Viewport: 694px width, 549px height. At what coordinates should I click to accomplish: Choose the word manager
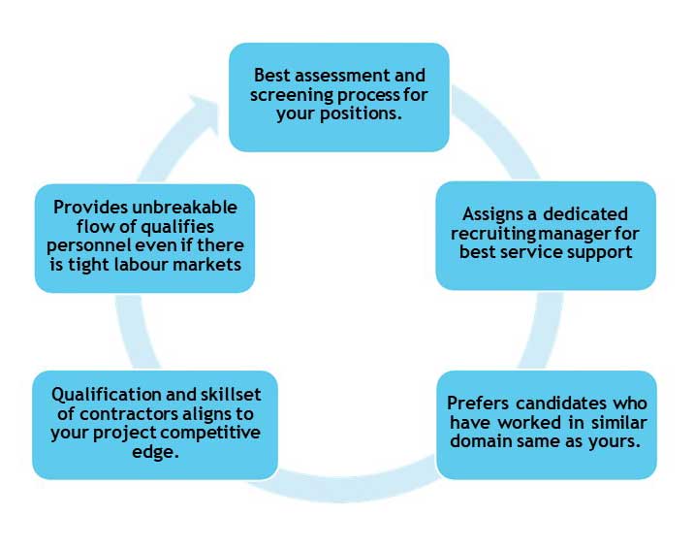594,233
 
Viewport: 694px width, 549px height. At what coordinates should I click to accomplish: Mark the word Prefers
477,403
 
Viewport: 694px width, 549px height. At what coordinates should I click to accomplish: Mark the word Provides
85,208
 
